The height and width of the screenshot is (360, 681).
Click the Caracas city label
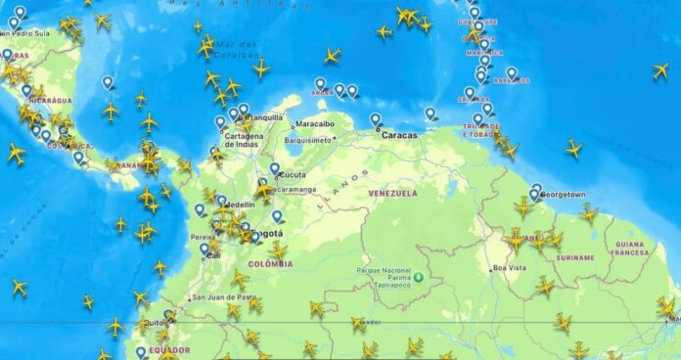pyautogui.click(x=398, y=135)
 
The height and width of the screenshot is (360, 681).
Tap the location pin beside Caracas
pyautogui.click(x=375, y=119)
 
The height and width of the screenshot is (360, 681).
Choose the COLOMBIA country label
pyautogui.click(x=270, y=264)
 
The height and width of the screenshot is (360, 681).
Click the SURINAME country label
pyautogui.click(x=574, y=258)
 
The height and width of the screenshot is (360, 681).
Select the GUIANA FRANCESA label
pyautogui.click(x=630, y=248)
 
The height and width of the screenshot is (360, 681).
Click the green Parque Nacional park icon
pyautogui.click(x=419, y=277)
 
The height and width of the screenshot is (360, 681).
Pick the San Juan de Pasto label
pyautogui.click(x=225, y=297)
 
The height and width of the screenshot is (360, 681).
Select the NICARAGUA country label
pyautogui.click(x=49, y=100)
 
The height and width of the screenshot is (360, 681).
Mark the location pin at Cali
pyautogui.click(x=204, y=248)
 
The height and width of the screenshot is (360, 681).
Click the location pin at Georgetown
pyautogui.click(x=536, y=190)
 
